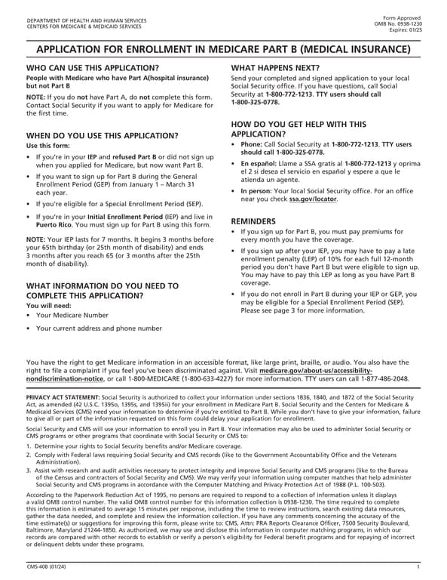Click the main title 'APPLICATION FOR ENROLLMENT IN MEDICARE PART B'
click(223, 50)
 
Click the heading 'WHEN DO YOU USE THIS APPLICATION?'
click(103, 135)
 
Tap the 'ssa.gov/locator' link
click(313, 199)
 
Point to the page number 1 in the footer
click(418, 566)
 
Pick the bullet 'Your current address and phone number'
click(98, 329)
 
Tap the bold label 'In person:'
click(257, 191)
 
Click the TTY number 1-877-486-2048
click(384, 378)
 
